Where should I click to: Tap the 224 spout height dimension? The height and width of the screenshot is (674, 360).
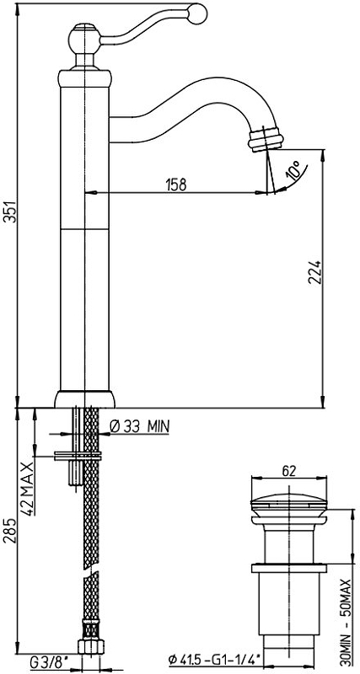coord(315,271)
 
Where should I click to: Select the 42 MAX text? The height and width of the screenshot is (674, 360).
coord(29,489)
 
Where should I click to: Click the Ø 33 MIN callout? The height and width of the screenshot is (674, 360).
coord(140,426)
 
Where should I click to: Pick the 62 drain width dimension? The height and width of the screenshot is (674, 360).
coord(288,471)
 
